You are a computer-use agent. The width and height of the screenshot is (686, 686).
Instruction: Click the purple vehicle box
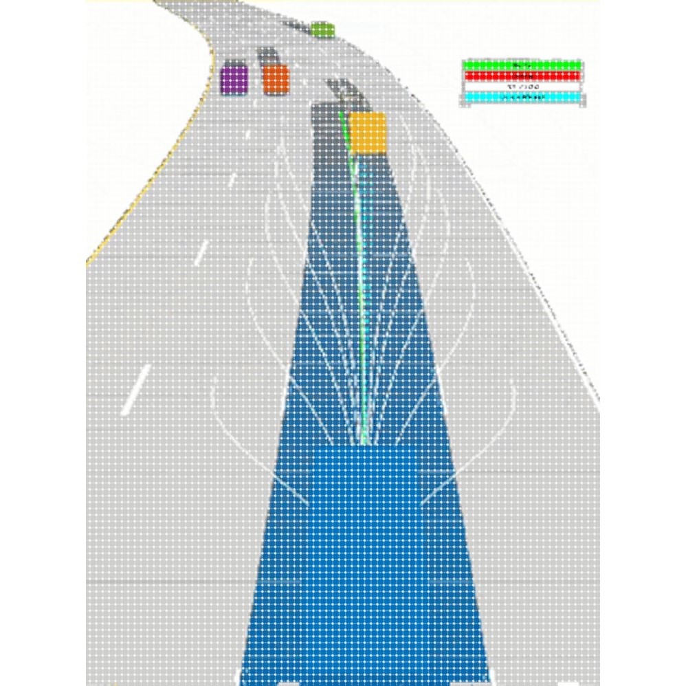234,79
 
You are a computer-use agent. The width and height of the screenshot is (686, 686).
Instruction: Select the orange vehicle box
276,79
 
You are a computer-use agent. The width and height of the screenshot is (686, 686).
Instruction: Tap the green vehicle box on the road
322,30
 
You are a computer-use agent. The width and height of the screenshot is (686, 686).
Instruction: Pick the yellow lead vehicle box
367,133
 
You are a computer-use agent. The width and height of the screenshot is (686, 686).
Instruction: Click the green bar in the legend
522,65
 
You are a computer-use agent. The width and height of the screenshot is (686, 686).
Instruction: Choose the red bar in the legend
522,76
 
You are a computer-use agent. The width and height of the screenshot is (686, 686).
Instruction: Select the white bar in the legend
522,87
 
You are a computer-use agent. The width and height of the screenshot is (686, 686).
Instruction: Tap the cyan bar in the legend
522,98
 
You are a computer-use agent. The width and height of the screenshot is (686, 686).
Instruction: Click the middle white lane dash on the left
201,253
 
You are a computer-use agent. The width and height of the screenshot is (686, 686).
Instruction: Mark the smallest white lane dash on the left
232,180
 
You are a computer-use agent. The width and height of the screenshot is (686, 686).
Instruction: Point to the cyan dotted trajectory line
367,275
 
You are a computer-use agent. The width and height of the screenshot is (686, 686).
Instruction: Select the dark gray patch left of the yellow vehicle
329,131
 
